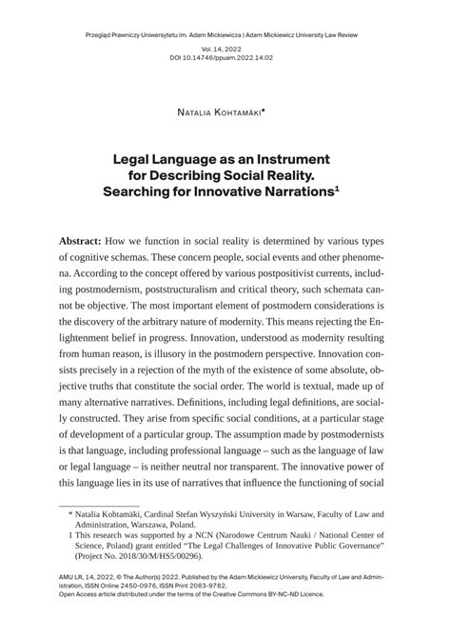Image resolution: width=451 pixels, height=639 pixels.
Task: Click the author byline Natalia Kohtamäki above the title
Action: pos(221,111)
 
